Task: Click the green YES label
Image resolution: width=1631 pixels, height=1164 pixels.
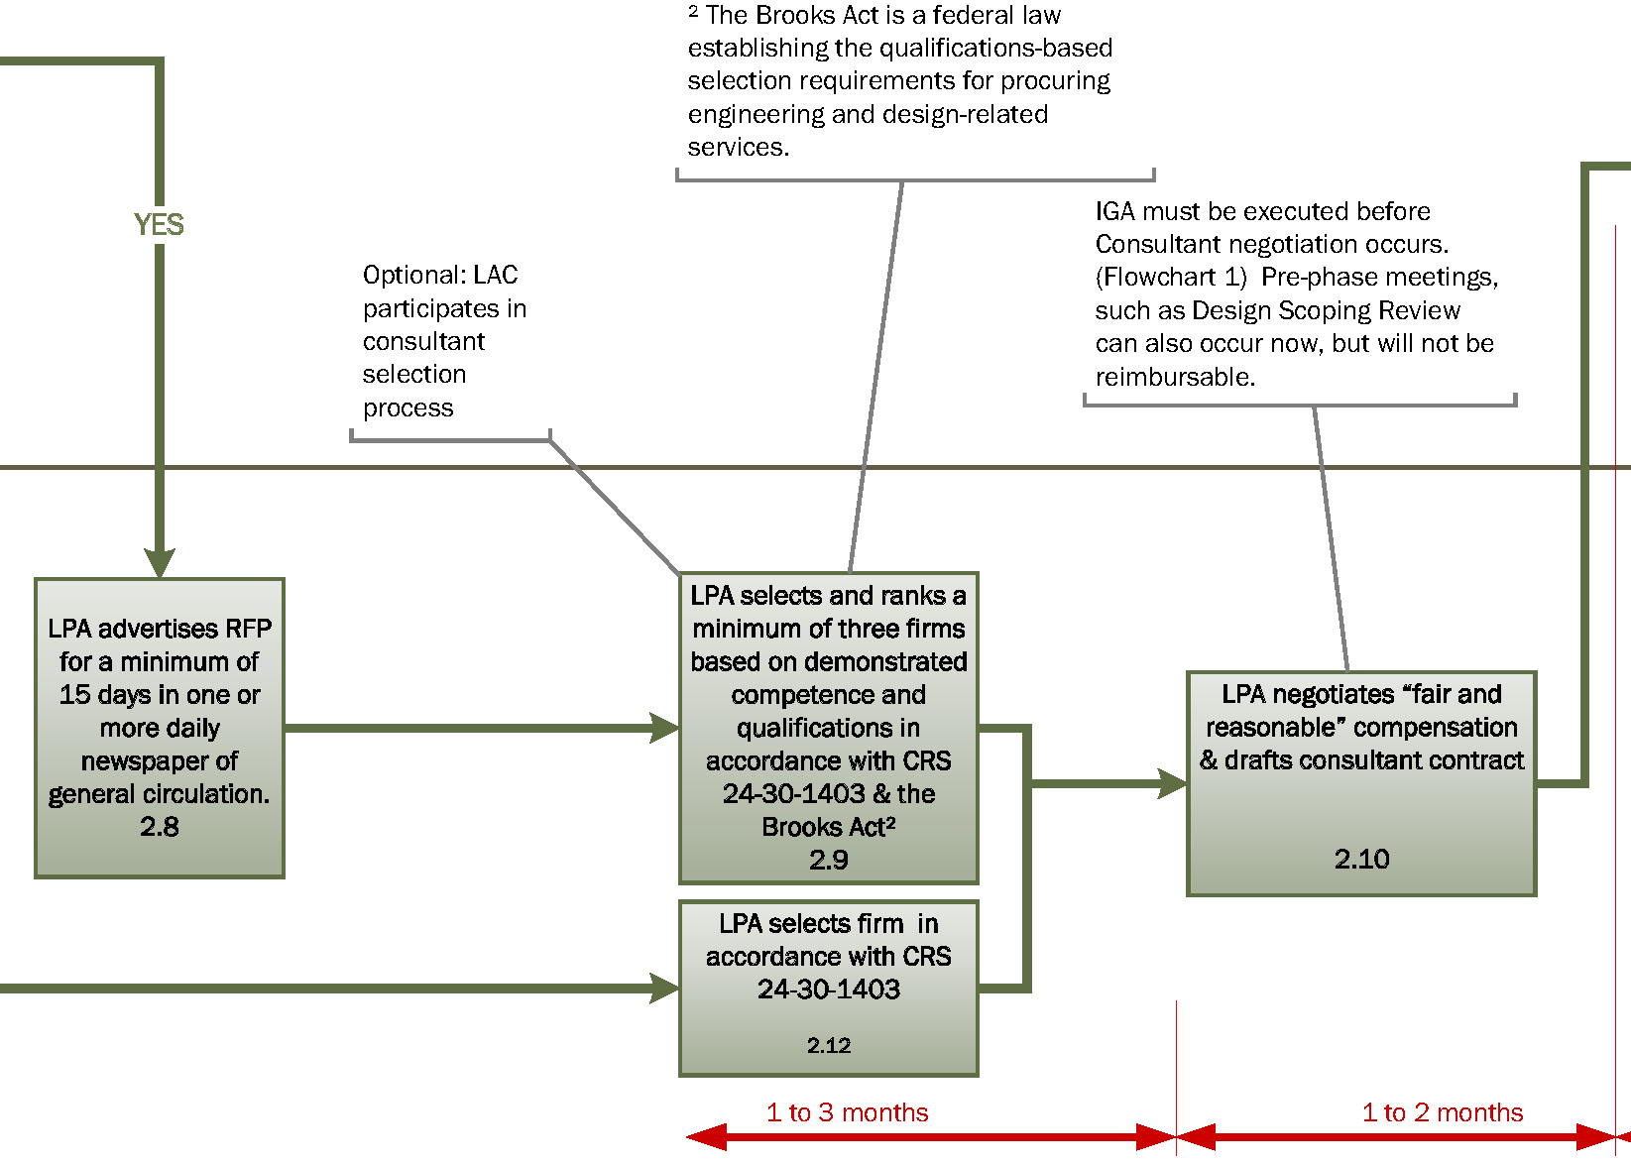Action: [x=159, y=225]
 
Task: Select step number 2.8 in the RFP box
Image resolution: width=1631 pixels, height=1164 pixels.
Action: [x=159, y=827]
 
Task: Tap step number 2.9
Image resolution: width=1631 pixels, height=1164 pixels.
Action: [x=828, y=860]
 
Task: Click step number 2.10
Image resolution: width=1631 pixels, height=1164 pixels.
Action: [x=1361, y=859]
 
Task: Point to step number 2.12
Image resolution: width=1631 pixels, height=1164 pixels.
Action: [x=828, y=1045]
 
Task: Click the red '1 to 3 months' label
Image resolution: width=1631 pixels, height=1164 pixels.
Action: [x=847, y=1112]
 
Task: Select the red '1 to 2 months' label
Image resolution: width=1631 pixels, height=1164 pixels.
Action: [x=1442, y=1112]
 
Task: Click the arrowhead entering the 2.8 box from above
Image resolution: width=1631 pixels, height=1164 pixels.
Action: [x=159, y=563]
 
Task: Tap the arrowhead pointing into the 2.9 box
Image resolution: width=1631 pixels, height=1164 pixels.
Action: [x=664, y=728]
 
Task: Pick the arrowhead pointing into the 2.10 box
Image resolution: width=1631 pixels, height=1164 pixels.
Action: [x=1172, y=783]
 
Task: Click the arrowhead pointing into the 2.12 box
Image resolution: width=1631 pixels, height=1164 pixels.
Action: [x=664, y=989]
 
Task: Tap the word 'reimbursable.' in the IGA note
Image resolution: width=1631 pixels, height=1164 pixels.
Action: [x=1174, y=377]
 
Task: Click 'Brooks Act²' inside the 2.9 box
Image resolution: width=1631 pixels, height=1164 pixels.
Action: [x=828, y=827]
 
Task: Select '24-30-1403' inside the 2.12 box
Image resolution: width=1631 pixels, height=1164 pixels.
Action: [x=828, y=989]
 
